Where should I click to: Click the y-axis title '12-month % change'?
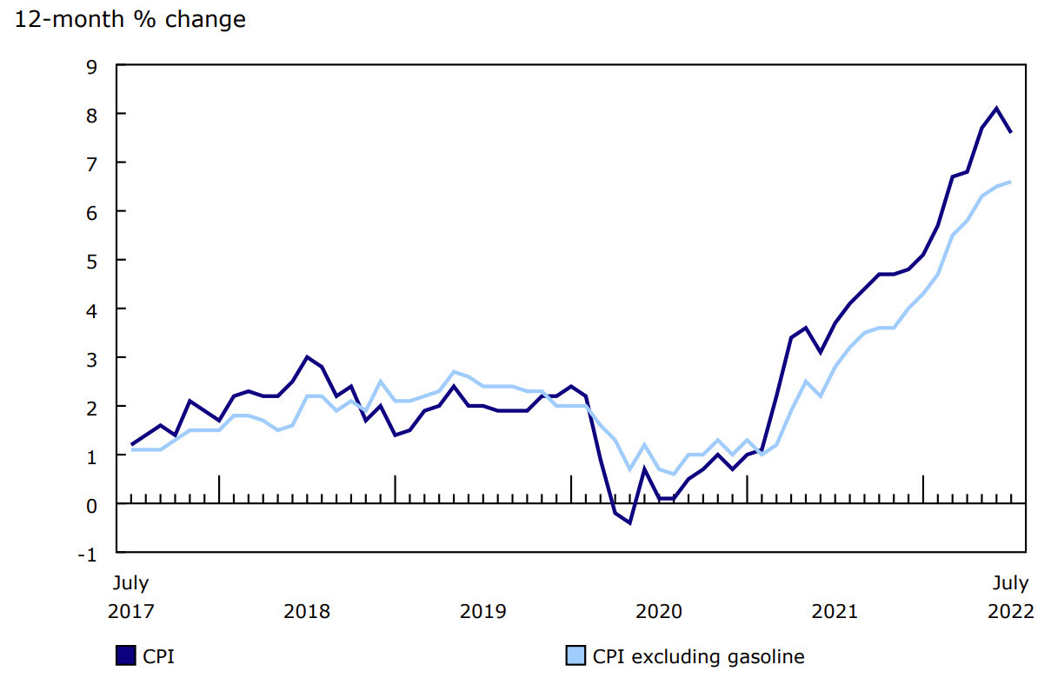tap(130, 19)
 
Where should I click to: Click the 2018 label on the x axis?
tap(307, 611)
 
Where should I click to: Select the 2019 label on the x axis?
tap(482, 611)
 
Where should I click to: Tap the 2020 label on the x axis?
tap(659, 611)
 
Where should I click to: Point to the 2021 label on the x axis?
tap(835, 611)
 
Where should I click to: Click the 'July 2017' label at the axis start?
tap(130, 596)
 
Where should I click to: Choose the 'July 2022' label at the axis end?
tap(1010, 596)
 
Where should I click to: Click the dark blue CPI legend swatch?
tap(125, 655)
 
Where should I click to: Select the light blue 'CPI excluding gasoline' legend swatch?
tap(575, 655)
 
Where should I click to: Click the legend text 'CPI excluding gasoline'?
tap(698, 656)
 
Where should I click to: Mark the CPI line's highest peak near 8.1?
tap(996, 109)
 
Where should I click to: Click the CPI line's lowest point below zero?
tap(629, 523)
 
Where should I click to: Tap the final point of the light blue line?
tap(1010, 182)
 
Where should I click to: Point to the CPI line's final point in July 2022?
tap(1010, 133)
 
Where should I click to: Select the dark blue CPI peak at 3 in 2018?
tap(307, 357)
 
